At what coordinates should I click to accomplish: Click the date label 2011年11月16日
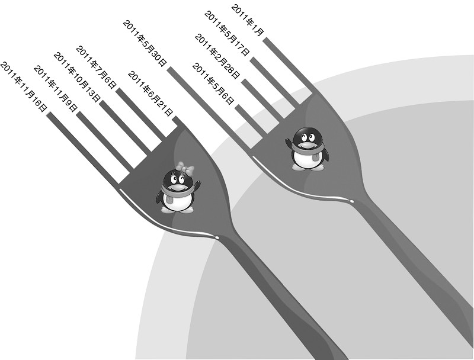pyautogui.click(x=24, y=87)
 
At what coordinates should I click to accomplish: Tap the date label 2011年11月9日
pyautogui.click(x=56, y=88)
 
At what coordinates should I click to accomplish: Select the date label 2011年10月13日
pyautogui.click(x=77, y=77)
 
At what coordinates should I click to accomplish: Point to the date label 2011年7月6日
pyautogui.click(x=96, y=67)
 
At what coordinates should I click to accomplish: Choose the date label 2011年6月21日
pyautogui.click(x=150, y=94)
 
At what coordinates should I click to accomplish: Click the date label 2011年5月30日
pyautogui.click(x=145, y=43)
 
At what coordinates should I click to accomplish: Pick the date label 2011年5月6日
pyautogui.click(x=213, y=84)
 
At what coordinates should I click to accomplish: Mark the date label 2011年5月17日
pyautogui.click(x=227, y=33)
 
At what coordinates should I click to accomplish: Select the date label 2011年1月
pyautogui.click(x=248, y=20)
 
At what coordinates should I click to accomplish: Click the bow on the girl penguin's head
pyautogui.click(x=185, y=168)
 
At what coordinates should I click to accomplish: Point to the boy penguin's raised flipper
pyautogui.click(x=289, y=143)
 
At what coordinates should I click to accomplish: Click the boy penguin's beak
pyautogui.click(x=306, y=145)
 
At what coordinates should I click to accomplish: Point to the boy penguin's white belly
pyautogui.click(x=306, y=158)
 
